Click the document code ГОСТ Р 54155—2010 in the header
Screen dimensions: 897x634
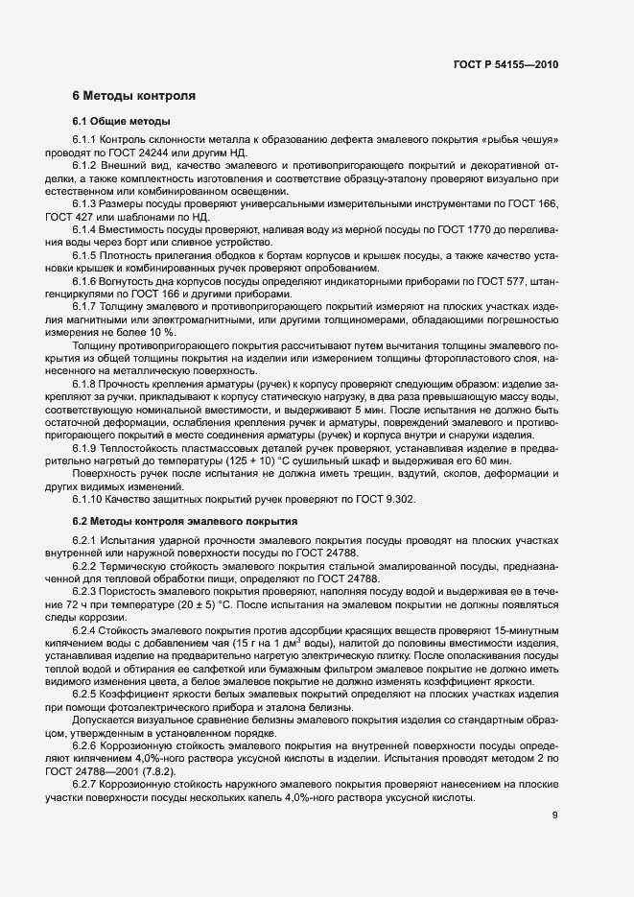click(x=505, y=64)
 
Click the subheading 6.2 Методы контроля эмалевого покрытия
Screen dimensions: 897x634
click(x=184, y=521)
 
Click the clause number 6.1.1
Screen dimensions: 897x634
click(x=86, y=140)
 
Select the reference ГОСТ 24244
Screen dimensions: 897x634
click(x=152, y=152)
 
